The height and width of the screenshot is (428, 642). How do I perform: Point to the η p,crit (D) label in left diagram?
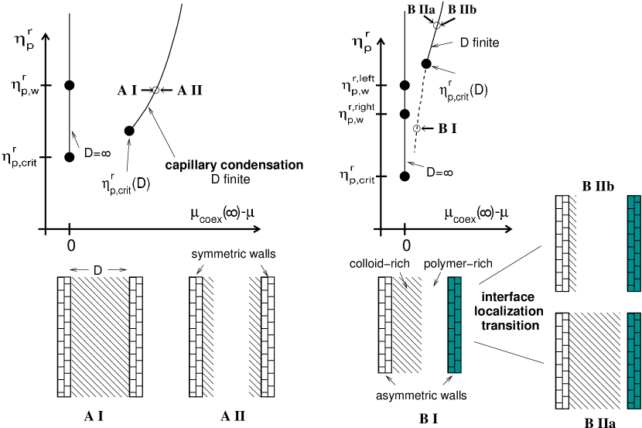coord(125,185)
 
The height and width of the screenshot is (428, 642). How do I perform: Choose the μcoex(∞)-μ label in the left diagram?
coord(222,214)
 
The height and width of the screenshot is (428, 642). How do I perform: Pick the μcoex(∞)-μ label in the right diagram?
coord(476,214)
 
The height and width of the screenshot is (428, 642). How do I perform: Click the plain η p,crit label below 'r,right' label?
coord(357,175)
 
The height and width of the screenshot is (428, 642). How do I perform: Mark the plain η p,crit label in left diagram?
coord(19,157)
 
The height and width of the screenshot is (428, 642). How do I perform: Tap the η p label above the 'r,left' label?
coord(361,43)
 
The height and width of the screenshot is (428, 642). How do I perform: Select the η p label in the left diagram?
coord(24,40)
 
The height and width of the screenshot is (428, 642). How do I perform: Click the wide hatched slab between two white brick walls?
coord(100,336)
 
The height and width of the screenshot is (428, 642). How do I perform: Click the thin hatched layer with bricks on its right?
coord(254,336)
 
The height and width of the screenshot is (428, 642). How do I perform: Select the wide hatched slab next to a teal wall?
coord(594,360)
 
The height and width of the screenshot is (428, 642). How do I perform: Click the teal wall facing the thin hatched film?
coord(634,243)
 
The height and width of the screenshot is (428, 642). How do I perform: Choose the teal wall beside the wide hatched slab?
coord(634,360)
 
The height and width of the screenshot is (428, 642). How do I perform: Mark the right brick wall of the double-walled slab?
coord(136,336)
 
